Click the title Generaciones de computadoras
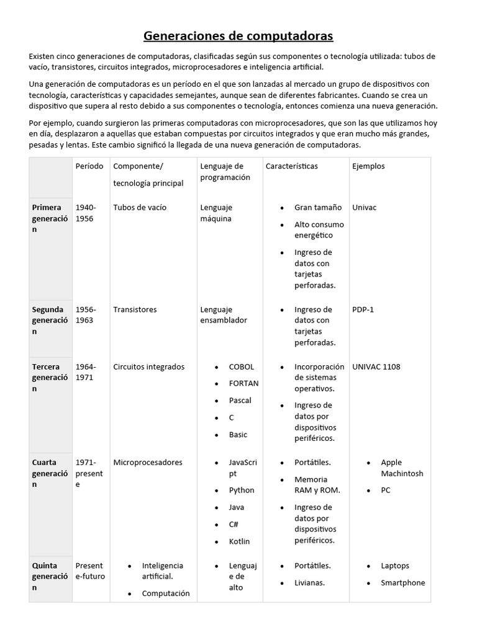[x=238, y=36]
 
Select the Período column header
[x=89, y=166]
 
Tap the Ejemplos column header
[x=368, y=166]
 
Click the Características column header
[x=291, y=166]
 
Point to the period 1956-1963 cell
[x=86, y=315]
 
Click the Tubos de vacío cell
[x=140, y=207]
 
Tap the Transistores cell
[x=135, y=309]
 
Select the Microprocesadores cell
[x=148, y=462]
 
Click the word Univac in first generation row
[x=364, y=207]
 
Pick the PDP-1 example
[x=363, y=309]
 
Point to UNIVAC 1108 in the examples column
[x=376, y=366]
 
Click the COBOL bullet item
[x=242, y=366]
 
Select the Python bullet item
[x=242, y=490]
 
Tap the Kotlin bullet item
[x=239, y=541]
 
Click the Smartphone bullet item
[x=403, y=582]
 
